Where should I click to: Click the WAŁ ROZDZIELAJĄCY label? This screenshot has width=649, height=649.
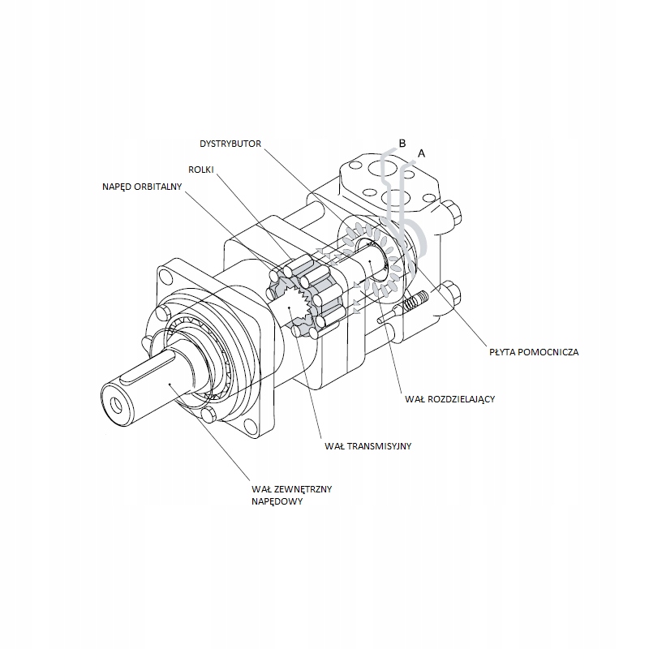pyautogui.click(x=449, y=399)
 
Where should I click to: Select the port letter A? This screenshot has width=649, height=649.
pyautogui.click(x=420, y=153)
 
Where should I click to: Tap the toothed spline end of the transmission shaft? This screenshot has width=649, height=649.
pyautogui.click(x=301, y=308)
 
